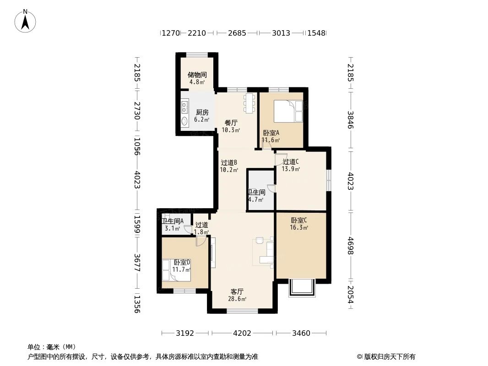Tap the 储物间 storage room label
tap(197, 75)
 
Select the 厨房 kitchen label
tap(202, 113)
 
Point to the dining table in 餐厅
tap(249, 103)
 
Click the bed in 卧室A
tap(288, 112)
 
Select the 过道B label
tap(228, 162)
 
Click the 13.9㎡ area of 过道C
tap(291, 169)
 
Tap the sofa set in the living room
tap(266, 252)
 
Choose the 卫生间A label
tap(172, 221)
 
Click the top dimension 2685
tap(237, 33)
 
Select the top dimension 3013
tap(281, 33)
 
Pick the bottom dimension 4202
tap(242, 333)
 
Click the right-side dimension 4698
tap(351, 246)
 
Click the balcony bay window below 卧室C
tap(302, 288)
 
